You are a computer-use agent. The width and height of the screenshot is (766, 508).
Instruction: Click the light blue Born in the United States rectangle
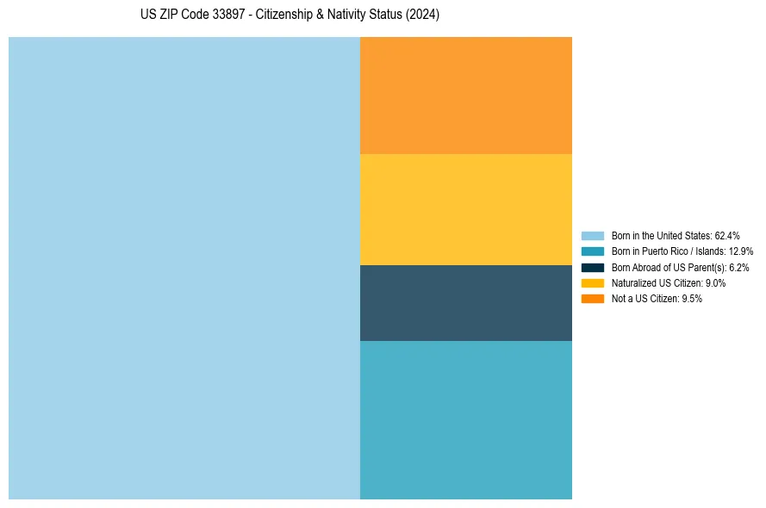coord(184,268)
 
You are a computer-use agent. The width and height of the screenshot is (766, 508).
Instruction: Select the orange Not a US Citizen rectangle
coord(465,95)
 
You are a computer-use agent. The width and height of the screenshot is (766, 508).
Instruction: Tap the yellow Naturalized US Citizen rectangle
coord(465,209)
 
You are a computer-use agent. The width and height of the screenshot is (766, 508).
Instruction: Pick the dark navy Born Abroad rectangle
coord(465,302)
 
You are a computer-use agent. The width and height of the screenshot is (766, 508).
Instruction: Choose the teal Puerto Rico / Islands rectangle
coord(465,419)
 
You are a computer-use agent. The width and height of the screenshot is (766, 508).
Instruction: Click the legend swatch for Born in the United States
coord(593,235)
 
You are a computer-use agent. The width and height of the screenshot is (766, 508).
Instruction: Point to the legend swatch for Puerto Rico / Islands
coord(593,251)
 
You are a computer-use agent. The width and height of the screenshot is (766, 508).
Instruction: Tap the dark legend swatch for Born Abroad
coord(593,267)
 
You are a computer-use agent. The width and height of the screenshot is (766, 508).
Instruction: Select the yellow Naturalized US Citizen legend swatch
coord(593,282)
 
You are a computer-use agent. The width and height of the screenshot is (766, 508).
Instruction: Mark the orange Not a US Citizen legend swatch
coord(593,299)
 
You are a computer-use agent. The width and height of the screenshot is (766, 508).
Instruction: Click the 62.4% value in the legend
coord(727,235)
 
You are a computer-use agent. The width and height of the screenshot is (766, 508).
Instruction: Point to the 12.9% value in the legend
coord(741,251)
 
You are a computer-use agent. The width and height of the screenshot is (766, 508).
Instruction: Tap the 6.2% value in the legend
coord(738,267)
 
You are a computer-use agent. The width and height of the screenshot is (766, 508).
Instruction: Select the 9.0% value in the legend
coord(715,282)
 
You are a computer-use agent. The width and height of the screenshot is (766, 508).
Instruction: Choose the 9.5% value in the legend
coord(692,299)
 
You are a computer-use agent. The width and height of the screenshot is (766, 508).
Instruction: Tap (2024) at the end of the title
coord(424,15)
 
